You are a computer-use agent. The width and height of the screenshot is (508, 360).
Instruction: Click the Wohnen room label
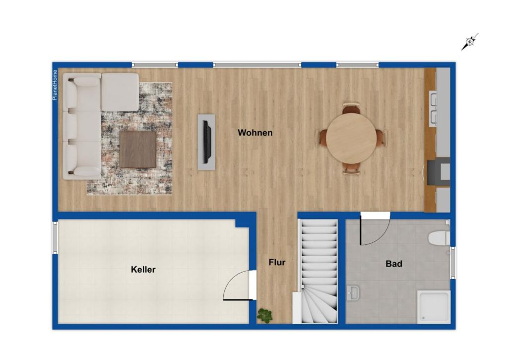[255, 133]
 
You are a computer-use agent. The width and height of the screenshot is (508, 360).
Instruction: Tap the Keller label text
[143, 270]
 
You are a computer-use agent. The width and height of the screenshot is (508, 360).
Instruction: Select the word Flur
[277, 262]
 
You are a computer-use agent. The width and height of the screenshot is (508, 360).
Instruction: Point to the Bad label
[394, 264]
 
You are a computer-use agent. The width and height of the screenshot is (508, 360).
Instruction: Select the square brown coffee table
[138, 150]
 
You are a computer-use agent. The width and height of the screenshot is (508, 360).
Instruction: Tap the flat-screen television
[207, 142]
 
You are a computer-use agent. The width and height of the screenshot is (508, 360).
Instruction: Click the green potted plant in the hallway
[265, 316]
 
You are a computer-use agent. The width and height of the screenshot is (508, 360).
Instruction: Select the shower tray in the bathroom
[434, 307]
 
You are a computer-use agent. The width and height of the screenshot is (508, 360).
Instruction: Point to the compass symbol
[470, 42]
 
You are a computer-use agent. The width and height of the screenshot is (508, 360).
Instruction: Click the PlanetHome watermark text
[55, 85]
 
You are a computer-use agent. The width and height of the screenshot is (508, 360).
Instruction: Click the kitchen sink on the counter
[433, 109]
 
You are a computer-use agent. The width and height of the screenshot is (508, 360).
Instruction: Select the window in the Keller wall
[55, 237]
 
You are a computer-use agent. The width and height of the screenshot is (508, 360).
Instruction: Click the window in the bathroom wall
[453, 263]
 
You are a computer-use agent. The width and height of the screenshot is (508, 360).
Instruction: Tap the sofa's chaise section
[120, 92]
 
